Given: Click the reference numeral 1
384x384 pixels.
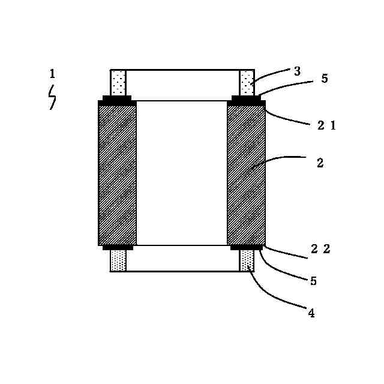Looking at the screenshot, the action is point(52,74).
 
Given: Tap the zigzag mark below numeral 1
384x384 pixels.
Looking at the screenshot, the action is point(52,97).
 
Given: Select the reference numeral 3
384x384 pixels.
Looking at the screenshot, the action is point(297,71).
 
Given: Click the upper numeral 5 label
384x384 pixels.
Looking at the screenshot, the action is point(325,79).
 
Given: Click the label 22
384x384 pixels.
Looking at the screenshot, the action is point(320,250).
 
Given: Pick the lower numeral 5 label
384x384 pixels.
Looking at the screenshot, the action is point(313,280).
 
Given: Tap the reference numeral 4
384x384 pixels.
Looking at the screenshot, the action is point(311,312).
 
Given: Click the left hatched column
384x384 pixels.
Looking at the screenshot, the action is point(118,173).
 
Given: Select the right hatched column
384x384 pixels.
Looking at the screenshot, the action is point(246,173).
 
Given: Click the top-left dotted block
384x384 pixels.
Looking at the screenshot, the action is point(118,82).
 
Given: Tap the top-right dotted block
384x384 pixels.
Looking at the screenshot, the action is point(247,82).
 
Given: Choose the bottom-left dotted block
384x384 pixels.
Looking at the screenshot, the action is point(118,260).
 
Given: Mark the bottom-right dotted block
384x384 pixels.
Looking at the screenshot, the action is point(247,260).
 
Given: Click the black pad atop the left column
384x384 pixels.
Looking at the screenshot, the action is point(117,100).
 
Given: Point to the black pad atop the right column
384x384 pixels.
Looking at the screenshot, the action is point(247,100).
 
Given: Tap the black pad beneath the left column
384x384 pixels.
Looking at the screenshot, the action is point(118,247).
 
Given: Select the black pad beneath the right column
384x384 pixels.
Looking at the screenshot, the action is point(246,247).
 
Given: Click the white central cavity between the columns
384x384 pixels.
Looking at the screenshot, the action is point(182,173).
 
